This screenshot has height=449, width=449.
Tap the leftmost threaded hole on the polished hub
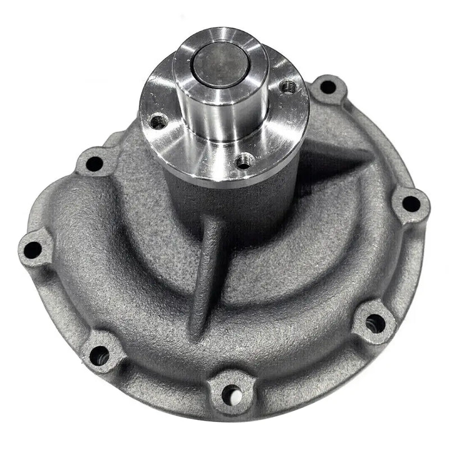[x=159, y=120]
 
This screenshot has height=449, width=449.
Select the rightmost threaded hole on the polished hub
[x=288, y=86]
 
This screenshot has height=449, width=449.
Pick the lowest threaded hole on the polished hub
[x=243, y=161]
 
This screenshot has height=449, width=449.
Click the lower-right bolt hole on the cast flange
[x=374, y=323]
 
